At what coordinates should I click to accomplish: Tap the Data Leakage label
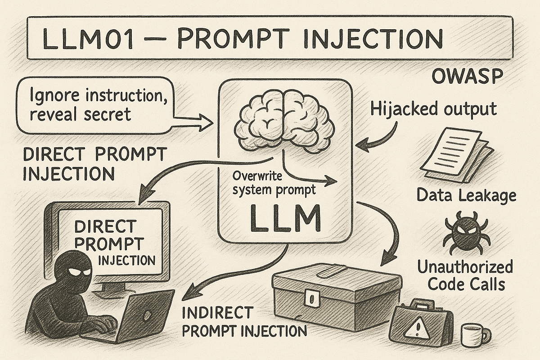466,196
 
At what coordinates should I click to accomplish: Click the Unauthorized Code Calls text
465,275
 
